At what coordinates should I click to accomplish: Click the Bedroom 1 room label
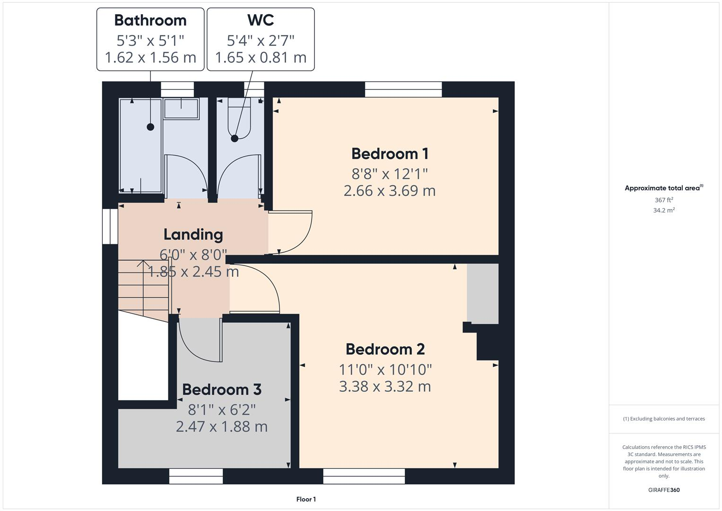pos(390,154)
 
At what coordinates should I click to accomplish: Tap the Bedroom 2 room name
pos(385,349)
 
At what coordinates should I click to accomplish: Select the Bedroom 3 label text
pos(221,389)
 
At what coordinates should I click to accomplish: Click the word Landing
pos(193,234)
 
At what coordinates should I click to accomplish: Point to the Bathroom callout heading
pos(150,20)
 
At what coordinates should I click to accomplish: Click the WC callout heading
pos(261,20)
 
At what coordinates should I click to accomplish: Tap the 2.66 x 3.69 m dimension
pos(390,191)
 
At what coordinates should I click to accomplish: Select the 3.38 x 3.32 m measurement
pos(385,387)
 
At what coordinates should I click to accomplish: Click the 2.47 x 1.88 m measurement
pos(221,427)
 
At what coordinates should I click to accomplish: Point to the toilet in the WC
pos(239,118)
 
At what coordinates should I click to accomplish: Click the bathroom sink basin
pos(181,108)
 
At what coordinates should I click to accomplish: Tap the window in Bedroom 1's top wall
pos(403,89)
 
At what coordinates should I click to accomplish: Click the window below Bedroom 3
pos(196,476)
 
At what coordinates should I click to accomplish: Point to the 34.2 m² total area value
pos(664,211)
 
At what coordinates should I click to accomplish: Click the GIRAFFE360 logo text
pos(664,490)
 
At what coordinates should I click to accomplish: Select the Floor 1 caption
pos(306,499)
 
